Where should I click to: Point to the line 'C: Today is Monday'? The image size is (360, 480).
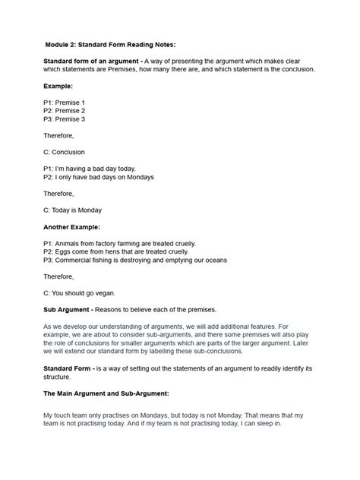[x=73, y=210]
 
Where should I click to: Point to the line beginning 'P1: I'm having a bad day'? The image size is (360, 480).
[x=92, y=169]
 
